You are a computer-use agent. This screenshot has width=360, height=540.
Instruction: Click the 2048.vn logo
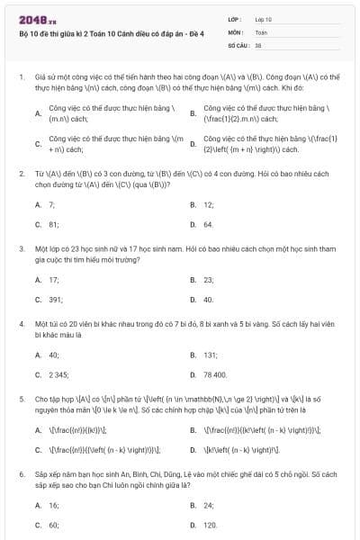coord(35,19)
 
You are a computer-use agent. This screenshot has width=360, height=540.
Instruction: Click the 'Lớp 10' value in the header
coord(263,19)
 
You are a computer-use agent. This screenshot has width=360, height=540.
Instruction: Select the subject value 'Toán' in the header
coord(261,31)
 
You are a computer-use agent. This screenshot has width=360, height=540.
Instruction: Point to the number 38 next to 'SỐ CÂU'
coord(258,44)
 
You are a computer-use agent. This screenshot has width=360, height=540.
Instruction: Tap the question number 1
coord(22,77)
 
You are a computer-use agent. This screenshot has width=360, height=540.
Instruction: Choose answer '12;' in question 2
coord(209,204)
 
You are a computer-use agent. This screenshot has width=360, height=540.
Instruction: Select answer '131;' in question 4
coord(211,355)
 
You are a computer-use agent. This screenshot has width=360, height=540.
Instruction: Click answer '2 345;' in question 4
coord(58,374)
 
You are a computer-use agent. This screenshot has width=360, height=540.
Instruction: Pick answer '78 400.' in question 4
coord(215,374)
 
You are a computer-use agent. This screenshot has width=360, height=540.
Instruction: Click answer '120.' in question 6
coord(211,525)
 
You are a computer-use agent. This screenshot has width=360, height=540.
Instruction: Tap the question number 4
coord(22,321)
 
